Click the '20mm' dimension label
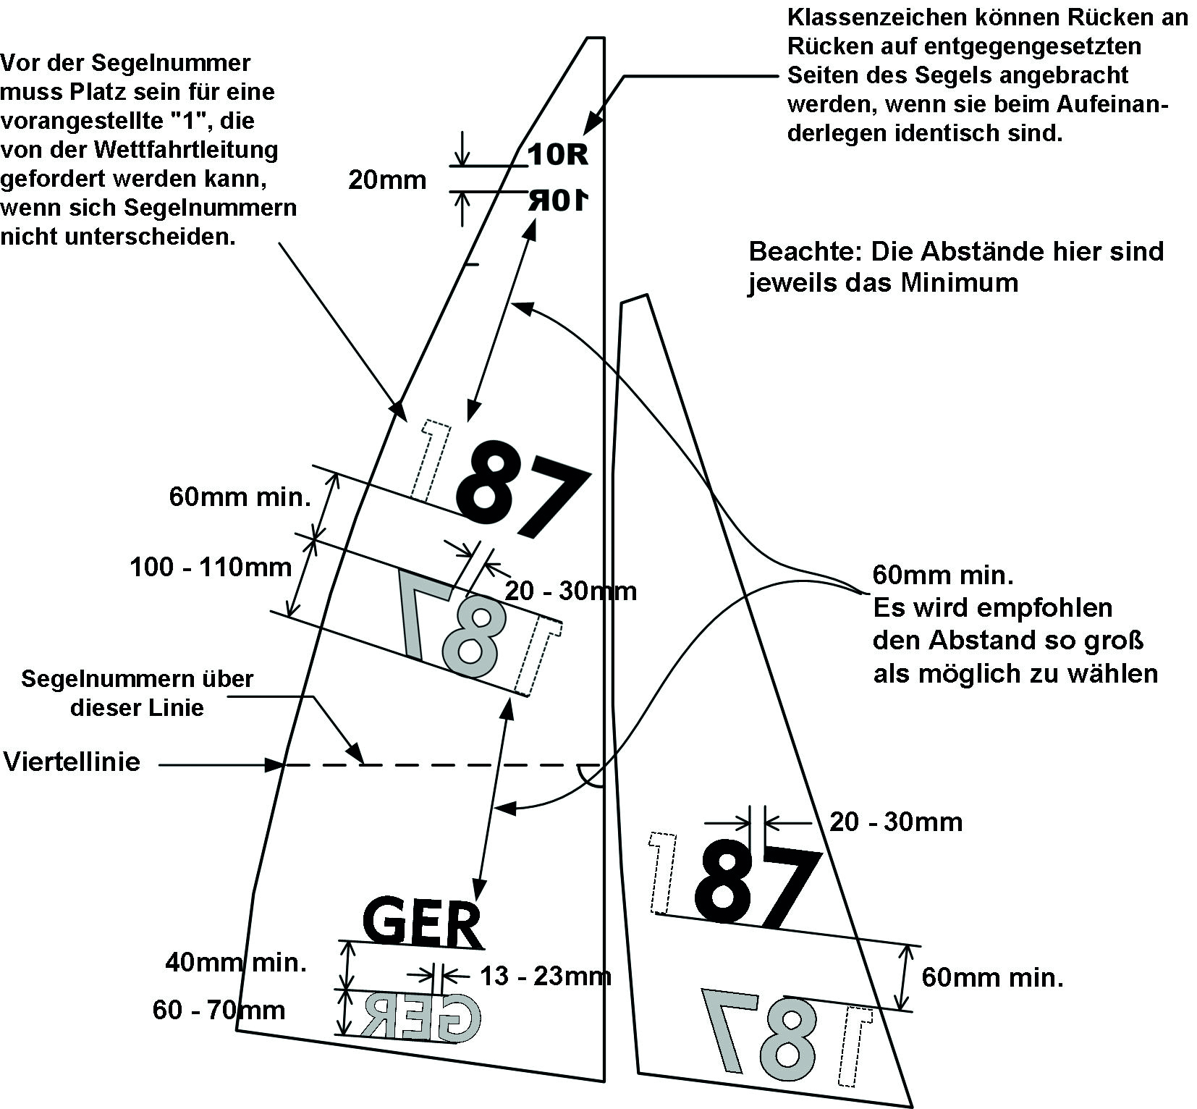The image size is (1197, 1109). (x=387, y=180)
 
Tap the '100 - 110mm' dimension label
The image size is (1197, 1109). (x=211, y=567)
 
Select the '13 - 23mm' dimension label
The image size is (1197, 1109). (x=546, y=977)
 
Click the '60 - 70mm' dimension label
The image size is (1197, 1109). (x=219, y=1010)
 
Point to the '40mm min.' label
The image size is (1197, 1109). (x=236, y=963)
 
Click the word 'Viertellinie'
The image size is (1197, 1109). (x=72, y=762)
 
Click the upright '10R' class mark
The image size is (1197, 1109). (x=557, y=154)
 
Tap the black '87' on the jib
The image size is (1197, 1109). (x=758, y=887)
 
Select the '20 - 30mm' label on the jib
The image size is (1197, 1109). (x=896, y=822)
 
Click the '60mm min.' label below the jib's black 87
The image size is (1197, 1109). (x=992, y=978)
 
